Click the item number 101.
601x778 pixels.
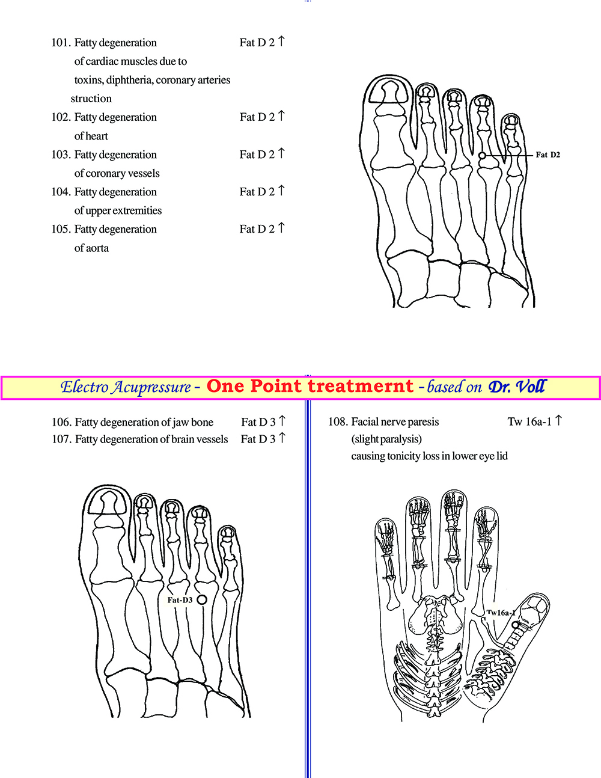coord(61,43)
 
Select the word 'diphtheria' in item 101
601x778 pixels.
coord(129,80)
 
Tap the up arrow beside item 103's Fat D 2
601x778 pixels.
coord(281,153)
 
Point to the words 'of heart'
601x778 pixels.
coord(91,136)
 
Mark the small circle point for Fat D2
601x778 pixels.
coord(482,155)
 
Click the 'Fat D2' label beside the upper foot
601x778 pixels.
coord(548,155)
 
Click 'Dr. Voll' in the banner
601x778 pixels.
coord(517,387)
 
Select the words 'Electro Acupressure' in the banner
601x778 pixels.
coord(126,387)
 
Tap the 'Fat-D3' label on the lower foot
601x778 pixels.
coord(180,600)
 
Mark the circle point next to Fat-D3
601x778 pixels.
coord(202,600)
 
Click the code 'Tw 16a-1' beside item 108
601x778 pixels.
coord(529,421)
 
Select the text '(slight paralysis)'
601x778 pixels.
coord(386,440)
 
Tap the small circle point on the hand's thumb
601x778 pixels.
coord(516,625)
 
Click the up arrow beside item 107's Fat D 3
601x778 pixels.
coord(282,438)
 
